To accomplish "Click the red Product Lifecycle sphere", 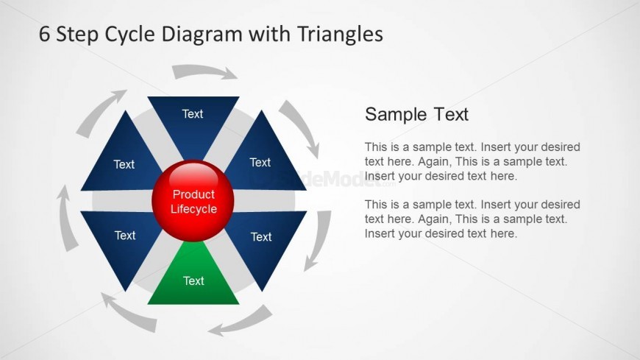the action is (x=193, y=201).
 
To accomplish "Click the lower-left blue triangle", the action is (x=122, y=241).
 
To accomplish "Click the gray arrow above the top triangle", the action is (x=203, y=71).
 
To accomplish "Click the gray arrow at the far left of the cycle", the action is (x=66, y=218).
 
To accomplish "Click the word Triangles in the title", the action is (x=340, y=34).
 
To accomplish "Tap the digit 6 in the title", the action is (x=44, y=34).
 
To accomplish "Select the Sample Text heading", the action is (x=416, y=114).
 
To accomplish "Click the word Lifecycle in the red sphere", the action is (x=193, y=209).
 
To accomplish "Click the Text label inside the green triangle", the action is (x=193, y=280).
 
